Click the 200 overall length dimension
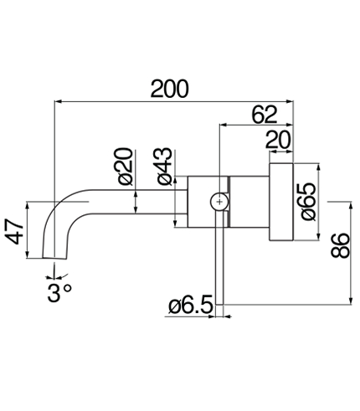point(170,89)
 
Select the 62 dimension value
point(265,115)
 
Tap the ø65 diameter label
point(309,202)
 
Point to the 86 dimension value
point(340,245)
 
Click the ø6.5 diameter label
point(191,306)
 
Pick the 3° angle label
point(59,293)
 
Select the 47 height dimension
point(14,231)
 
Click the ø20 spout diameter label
point(125,167)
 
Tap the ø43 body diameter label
point(164,167)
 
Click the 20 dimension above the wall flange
point(278,140)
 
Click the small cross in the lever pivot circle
point(219,202)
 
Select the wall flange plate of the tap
point(281,202)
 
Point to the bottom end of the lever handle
point(219,304)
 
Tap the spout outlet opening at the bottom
point(54,259)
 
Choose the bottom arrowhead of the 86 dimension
point(351,301)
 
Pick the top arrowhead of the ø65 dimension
point(318,167)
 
